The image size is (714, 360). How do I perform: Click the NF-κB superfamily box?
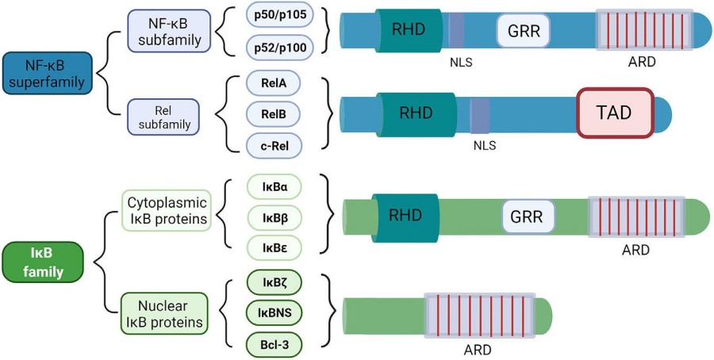click(48, 71)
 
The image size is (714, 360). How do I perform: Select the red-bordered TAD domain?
click(615, 113)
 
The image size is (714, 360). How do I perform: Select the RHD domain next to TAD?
click(417, 113)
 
